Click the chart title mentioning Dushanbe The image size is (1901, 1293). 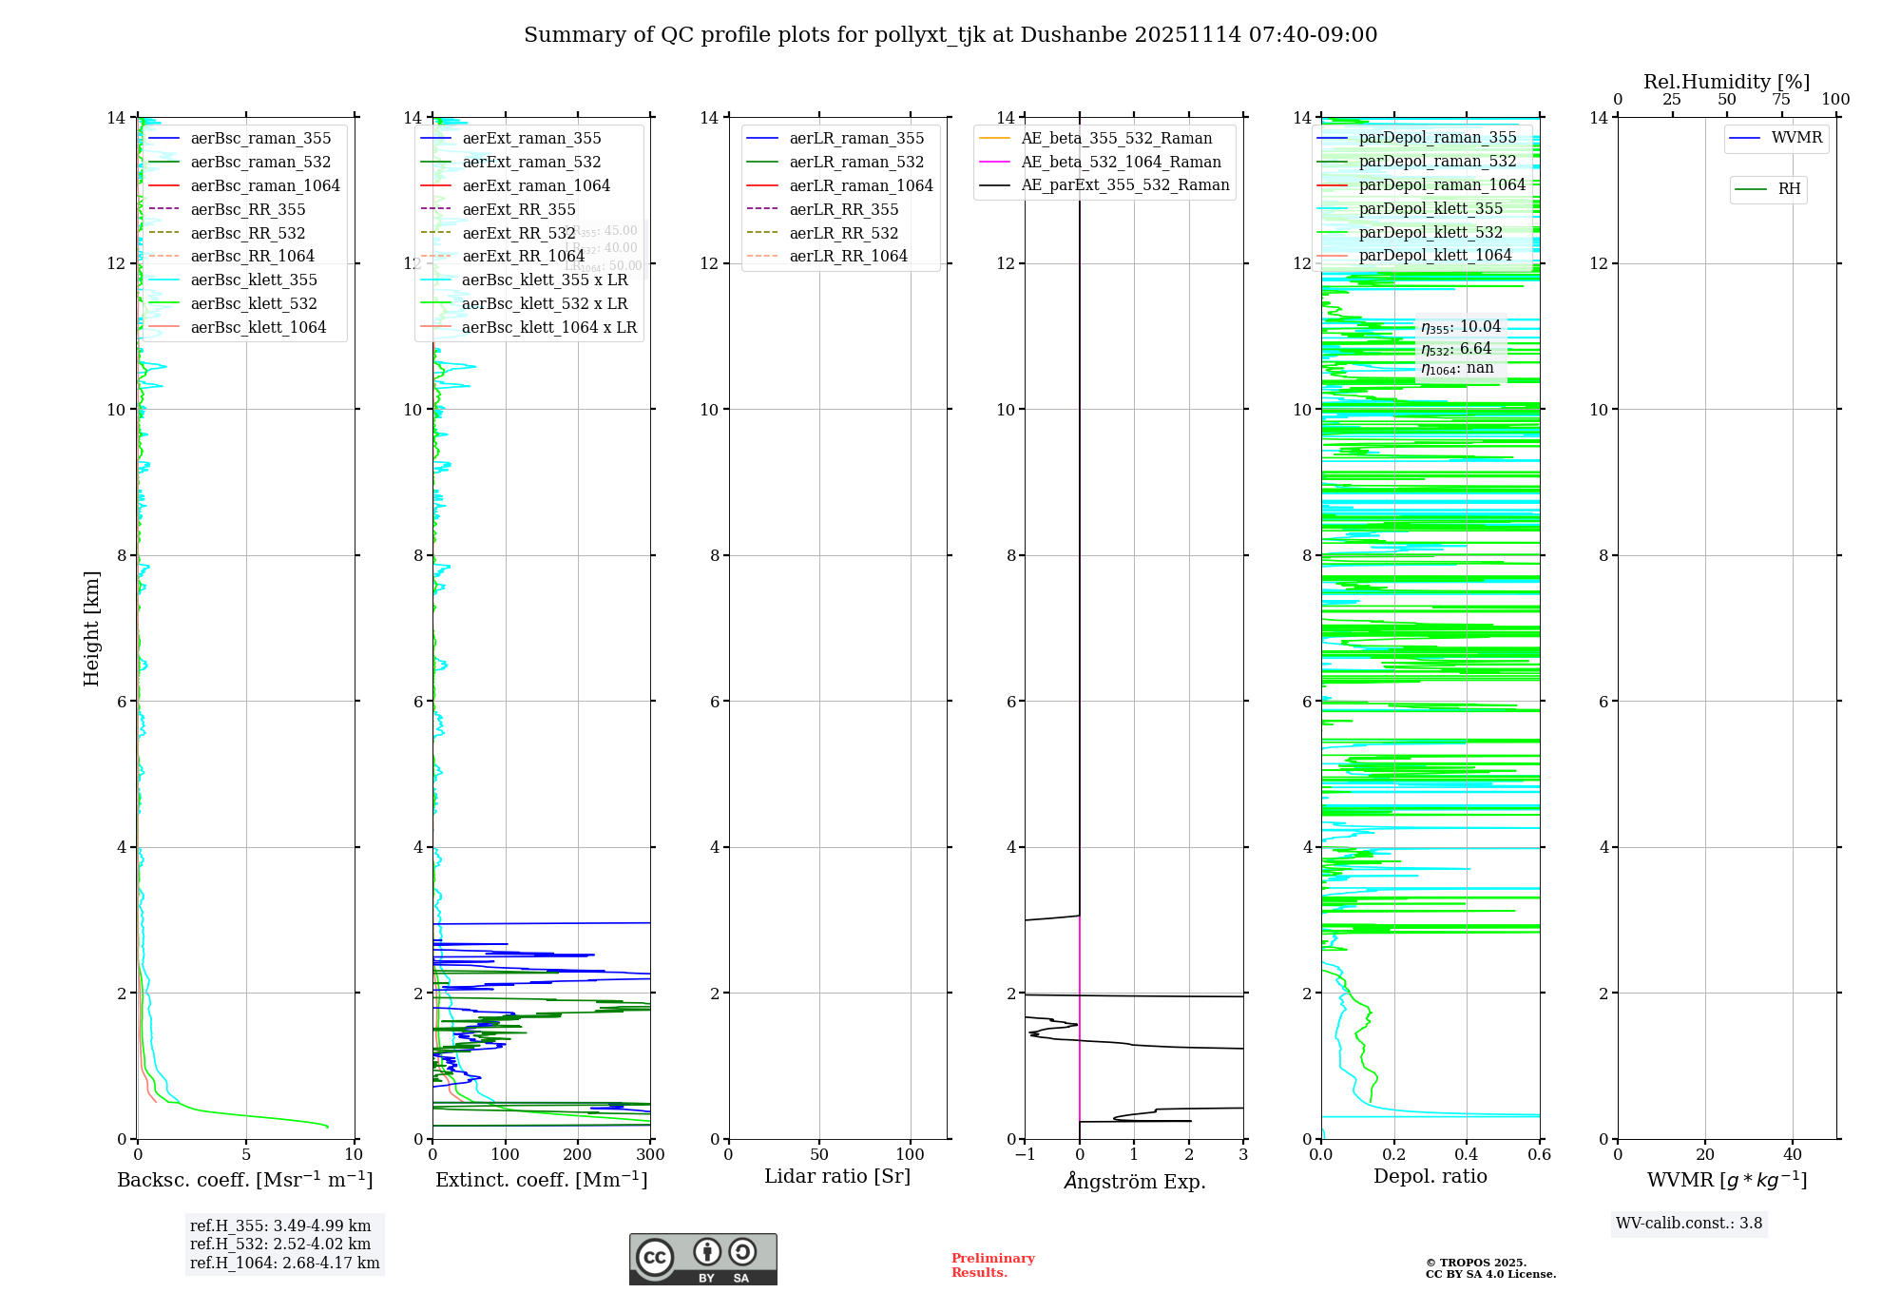(950, 35)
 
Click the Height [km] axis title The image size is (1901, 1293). (91, 627)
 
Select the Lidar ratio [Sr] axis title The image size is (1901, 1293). (837, 1176)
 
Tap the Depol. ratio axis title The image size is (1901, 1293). (1430, 1176)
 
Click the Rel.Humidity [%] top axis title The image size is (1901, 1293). (1726, 82)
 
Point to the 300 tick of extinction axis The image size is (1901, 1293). (650, 1155)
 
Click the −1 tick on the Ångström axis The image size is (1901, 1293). (1025, 1155)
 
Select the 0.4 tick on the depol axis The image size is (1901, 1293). (1467, 1155)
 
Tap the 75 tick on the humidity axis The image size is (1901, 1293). (1781, 100)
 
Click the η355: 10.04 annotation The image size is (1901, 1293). (1461, 327)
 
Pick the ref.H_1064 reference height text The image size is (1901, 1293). (284, 1263)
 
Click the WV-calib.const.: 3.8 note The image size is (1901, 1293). (1689, 1224)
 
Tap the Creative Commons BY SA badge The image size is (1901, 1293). (702, 1260)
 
